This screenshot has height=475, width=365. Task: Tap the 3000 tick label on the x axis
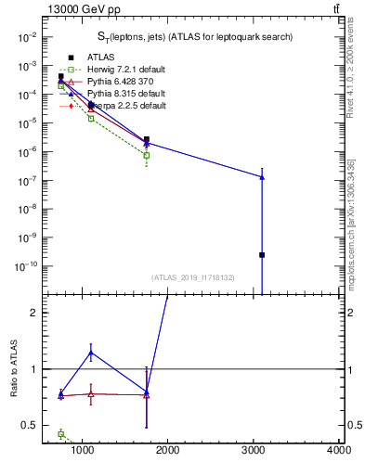tap(254, 451)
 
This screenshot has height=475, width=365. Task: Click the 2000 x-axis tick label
tap(168, 451)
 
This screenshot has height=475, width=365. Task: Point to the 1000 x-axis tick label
tap(84, 451)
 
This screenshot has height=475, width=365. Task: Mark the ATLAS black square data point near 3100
tap(262, 254)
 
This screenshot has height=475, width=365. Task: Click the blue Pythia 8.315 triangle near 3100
tap(262, 176)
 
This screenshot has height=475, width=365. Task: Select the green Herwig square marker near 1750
tap(147, 155)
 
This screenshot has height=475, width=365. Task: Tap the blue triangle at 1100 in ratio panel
tap(91, 353)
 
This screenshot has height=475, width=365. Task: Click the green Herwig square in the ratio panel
tap(61, 433)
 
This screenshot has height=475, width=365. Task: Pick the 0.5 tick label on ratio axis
tap(29, 425)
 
